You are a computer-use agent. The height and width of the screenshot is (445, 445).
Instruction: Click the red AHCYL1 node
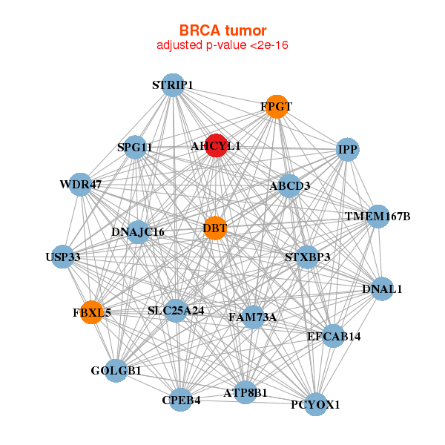[x=216, y=146]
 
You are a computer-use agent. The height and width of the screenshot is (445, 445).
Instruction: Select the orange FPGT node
[x=276, y=107]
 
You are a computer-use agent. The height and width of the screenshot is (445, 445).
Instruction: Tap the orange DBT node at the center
[x=214, y=228]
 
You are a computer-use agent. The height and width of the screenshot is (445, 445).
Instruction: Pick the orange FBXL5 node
[x=92, y=312]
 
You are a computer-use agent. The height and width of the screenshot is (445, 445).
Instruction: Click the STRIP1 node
[x=172, y=85]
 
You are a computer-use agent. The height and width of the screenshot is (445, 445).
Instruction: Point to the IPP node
[x=347, y=150]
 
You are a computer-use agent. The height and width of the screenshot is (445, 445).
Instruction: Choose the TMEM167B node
[x=378, y=217]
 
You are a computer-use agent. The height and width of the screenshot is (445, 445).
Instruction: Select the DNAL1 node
[x=381, y=289]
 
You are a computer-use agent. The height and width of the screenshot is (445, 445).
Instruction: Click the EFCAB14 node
[x=333, y=336]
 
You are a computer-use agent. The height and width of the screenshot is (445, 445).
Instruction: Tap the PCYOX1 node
[x=315, y=404]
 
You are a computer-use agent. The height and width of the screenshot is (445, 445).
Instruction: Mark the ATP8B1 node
[x=245, y=392]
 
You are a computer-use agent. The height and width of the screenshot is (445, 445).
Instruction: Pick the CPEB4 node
[x=181, y=400]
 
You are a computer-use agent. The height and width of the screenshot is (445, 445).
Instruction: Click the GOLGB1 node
[x=116, y=369]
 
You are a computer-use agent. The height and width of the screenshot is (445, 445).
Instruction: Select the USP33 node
[x=62, y=257]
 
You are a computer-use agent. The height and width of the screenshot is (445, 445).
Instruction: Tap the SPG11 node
[x=135, y=148]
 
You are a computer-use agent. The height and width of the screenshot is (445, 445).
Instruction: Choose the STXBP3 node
[x=307, y=257]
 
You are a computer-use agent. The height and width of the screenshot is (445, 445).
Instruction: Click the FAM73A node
[x=252, y=317]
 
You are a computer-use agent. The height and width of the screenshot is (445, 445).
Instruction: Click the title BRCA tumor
[x=222, y=30]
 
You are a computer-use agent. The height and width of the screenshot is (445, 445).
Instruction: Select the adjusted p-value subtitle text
[x=222, y=45]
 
